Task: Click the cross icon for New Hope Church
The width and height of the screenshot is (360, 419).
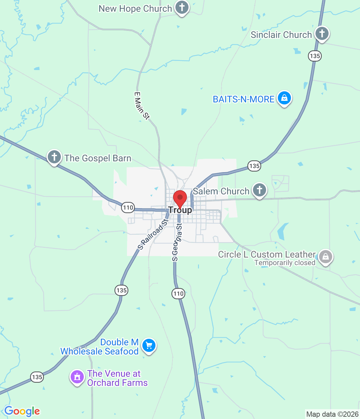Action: (x=182, y=7)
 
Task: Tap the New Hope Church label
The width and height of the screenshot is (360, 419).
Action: (x=135, y=9)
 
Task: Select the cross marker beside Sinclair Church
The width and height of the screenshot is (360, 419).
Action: (x=322, y=33)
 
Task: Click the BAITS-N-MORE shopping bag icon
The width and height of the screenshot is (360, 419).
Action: (x=284, y=98)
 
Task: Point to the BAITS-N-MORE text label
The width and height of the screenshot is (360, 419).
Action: (x=243, y=99)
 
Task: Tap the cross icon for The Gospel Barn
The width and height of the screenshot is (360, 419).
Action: (x=54, y=157)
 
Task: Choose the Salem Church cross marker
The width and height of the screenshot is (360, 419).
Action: (x=260, y=190)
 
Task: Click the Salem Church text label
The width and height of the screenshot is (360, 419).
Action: (x=221, y=191)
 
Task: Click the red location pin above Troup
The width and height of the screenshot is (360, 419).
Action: (x=180, y=198)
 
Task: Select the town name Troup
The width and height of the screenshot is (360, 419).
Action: (x=180, y=210)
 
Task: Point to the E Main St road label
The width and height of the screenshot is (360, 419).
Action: (x=142, y=106)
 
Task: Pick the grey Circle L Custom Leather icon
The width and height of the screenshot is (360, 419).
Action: (x=325, y=257)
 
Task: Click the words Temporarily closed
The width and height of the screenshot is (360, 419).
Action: (x=285, y=263)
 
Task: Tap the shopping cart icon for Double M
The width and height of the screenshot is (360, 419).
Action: (x=149, y=345)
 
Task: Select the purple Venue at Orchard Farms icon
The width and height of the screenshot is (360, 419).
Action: (x=77, y=377)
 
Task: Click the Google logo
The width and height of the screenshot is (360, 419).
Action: (x=22, y=411)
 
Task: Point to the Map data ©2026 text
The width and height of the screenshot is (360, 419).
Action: (x=332, y=414)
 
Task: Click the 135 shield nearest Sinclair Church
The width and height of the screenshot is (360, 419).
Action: (x=315, y=56)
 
